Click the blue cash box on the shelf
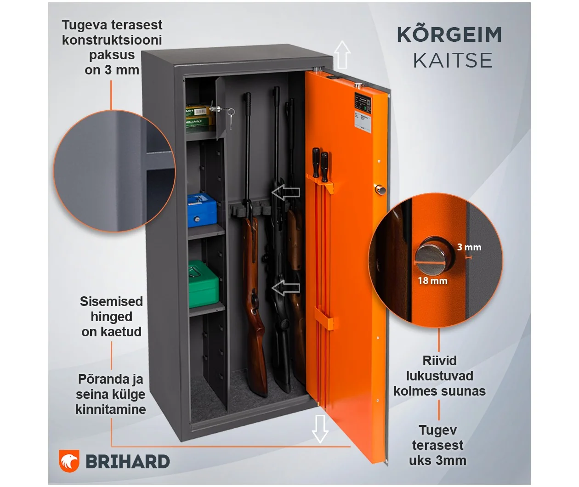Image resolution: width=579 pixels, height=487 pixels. click(x=202, y=210)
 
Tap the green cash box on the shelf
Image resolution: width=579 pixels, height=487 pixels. click(x=203, y=284)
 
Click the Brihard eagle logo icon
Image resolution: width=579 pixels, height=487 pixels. click(x=69, y=461)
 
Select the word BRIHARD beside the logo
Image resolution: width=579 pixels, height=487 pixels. click(x=128, y=461)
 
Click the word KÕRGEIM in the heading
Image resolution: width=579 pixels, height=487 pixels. click(x=449, y=35)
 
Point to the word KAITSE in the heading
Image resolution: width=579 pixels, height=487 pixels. click(x=453, y=61)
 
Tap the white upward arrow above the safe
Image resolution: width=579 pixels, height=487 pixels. click(x=342, y=55)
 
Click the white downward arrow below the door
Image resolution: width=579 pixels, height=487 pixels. click(x=320, y=429)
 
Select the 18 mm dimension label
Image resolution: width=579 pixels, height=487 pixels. click(x=432, y=281)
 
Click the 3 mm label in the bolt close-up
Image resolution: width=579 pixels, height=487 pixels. click(x=469, y=247)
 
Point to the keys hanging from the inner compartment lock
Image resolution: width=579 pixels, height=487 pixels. click(x=230, y=118)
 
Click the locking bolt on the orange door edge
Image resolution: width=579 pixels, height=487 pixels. click(x=380, y=190)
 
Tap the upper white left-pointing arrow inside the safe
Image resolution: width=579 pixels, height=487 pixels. click(x=286, y=192)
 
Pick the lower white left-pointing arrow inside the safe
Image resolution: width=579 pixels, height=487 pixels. click(x=286, y=288)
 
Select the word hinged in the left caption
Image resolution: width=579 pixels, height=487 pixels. click(x=112, y=317)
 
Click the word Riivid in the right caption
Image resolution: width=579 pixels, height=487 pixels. click(x=439, y=361)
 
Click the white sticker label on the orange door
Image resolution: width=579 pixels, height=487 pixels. click(x=363, y=121)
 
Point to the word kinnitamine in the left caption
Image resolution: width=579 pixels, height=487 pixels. click(x=111, y=409)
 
